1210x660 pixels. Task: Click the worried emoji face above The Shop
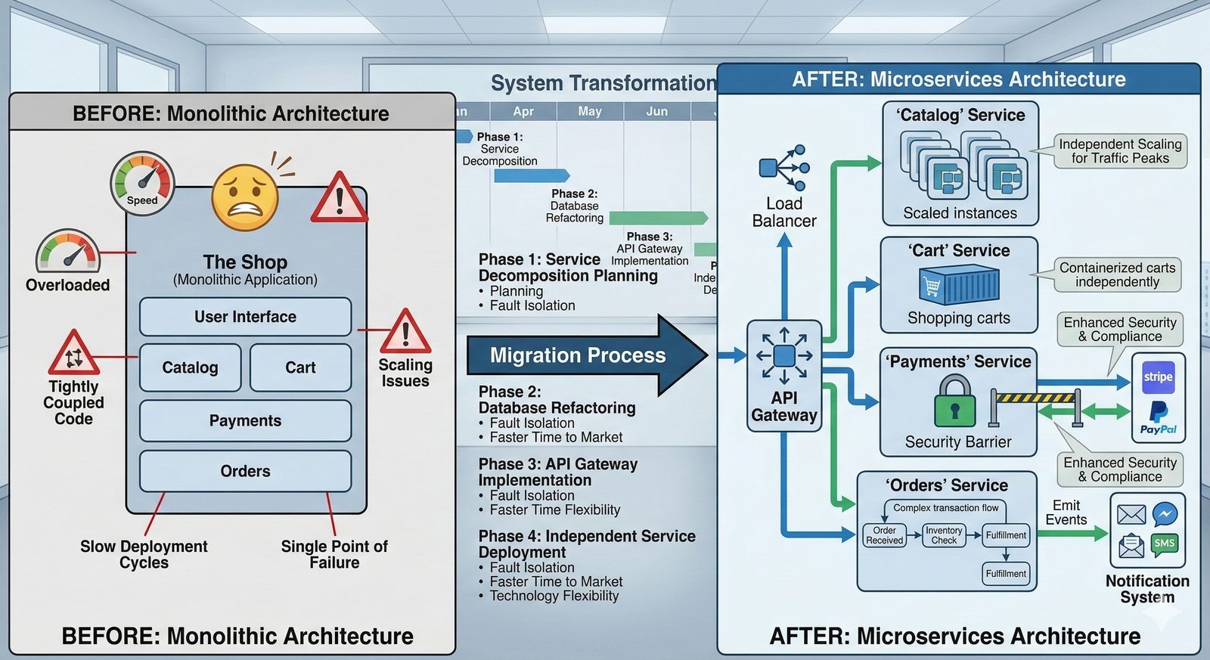tap(245, 197)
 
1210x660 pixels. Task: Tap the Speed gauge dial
tap(142, 182)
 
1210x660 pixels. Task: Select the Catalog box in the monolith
tap(190, 367)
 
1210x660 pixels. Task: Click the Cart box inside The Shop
tap(300, 367)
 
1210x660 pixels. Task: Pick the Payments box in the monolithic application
tap(245, 420)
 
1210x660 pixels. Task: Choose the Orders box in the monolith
tap(245, 471)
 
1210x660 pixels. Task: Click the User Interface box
tap(245, 317)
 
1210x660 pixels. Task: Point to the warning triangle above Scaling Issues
tap(405, 332)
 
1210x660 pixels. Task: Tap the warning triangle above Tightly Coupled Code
tap(73, 353)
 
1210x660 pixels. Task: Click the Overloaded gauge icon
tap(68, 252)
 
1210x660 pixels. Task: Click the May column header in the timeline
tap(590, 111)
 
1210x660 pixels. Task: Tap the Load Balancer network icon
tap(784, 168)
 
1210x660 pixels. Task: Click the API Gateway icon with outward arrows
tap(784, 355)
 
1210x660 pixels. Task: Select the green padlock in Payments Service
tap(954, 403)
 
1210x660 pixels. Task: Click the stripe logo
tap(1158, 376)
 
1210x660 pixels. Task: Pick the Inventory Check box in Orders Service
tap(944, 535)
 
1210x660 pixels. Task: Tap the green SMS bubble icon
tap(1165, 544)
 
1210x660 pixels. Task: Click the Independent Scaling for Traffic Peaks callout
tap(1120, 151)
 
